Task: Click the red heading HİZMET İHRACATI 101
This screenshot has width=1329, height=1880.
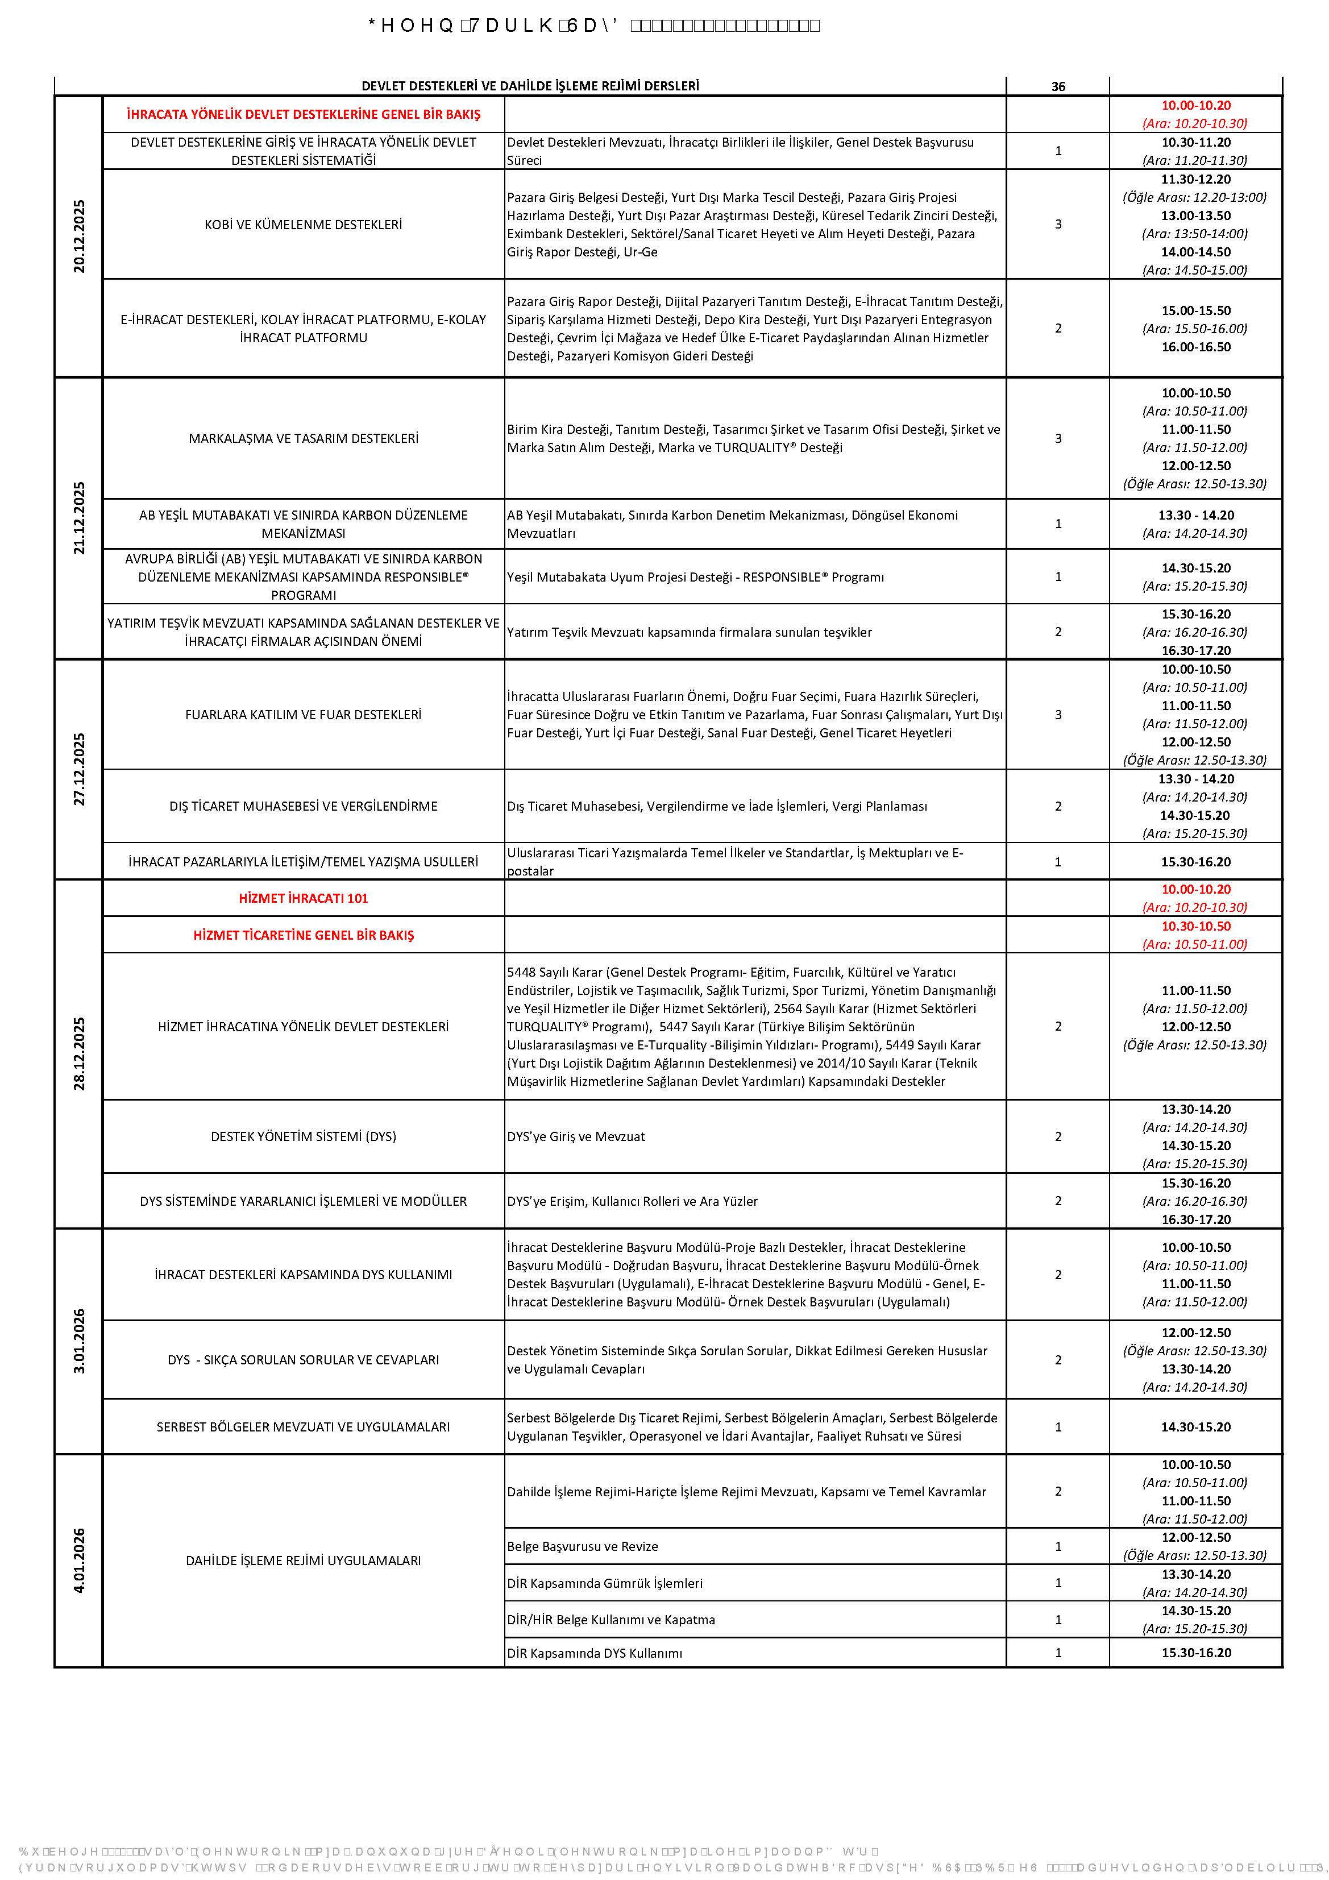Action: pos(303,898)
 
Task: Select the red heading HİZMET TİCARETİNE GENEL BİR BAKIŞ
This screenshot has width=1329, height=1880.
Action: pos(303,935)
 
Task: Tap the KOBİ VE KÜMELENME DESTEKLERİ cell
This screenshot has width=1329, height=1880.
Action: pos(303,225)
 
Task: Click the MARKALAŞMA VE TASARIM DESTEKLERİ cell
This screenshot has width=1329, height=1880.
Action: pos(303,439)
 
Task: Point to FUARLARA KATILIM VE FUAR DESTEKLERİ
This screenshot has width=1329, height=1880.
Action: pos(303,715)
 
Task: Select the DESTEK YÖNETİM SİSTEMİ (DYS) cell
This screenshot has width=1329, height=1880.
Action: pos(303,1136)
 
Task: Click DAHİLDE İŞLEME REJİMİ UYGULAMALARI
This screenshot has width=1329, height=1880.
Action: pos(303,1561)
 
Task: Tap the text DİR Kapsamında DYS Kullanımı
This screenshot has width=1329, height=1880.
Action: pos(593,1653)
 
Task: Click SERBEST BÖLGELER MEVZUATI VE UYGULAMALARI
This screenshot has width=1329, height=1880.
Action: pos(303,1427)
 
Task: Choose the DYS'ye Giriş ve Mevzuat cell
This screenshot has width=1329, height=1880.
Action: pos(576,1136)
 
